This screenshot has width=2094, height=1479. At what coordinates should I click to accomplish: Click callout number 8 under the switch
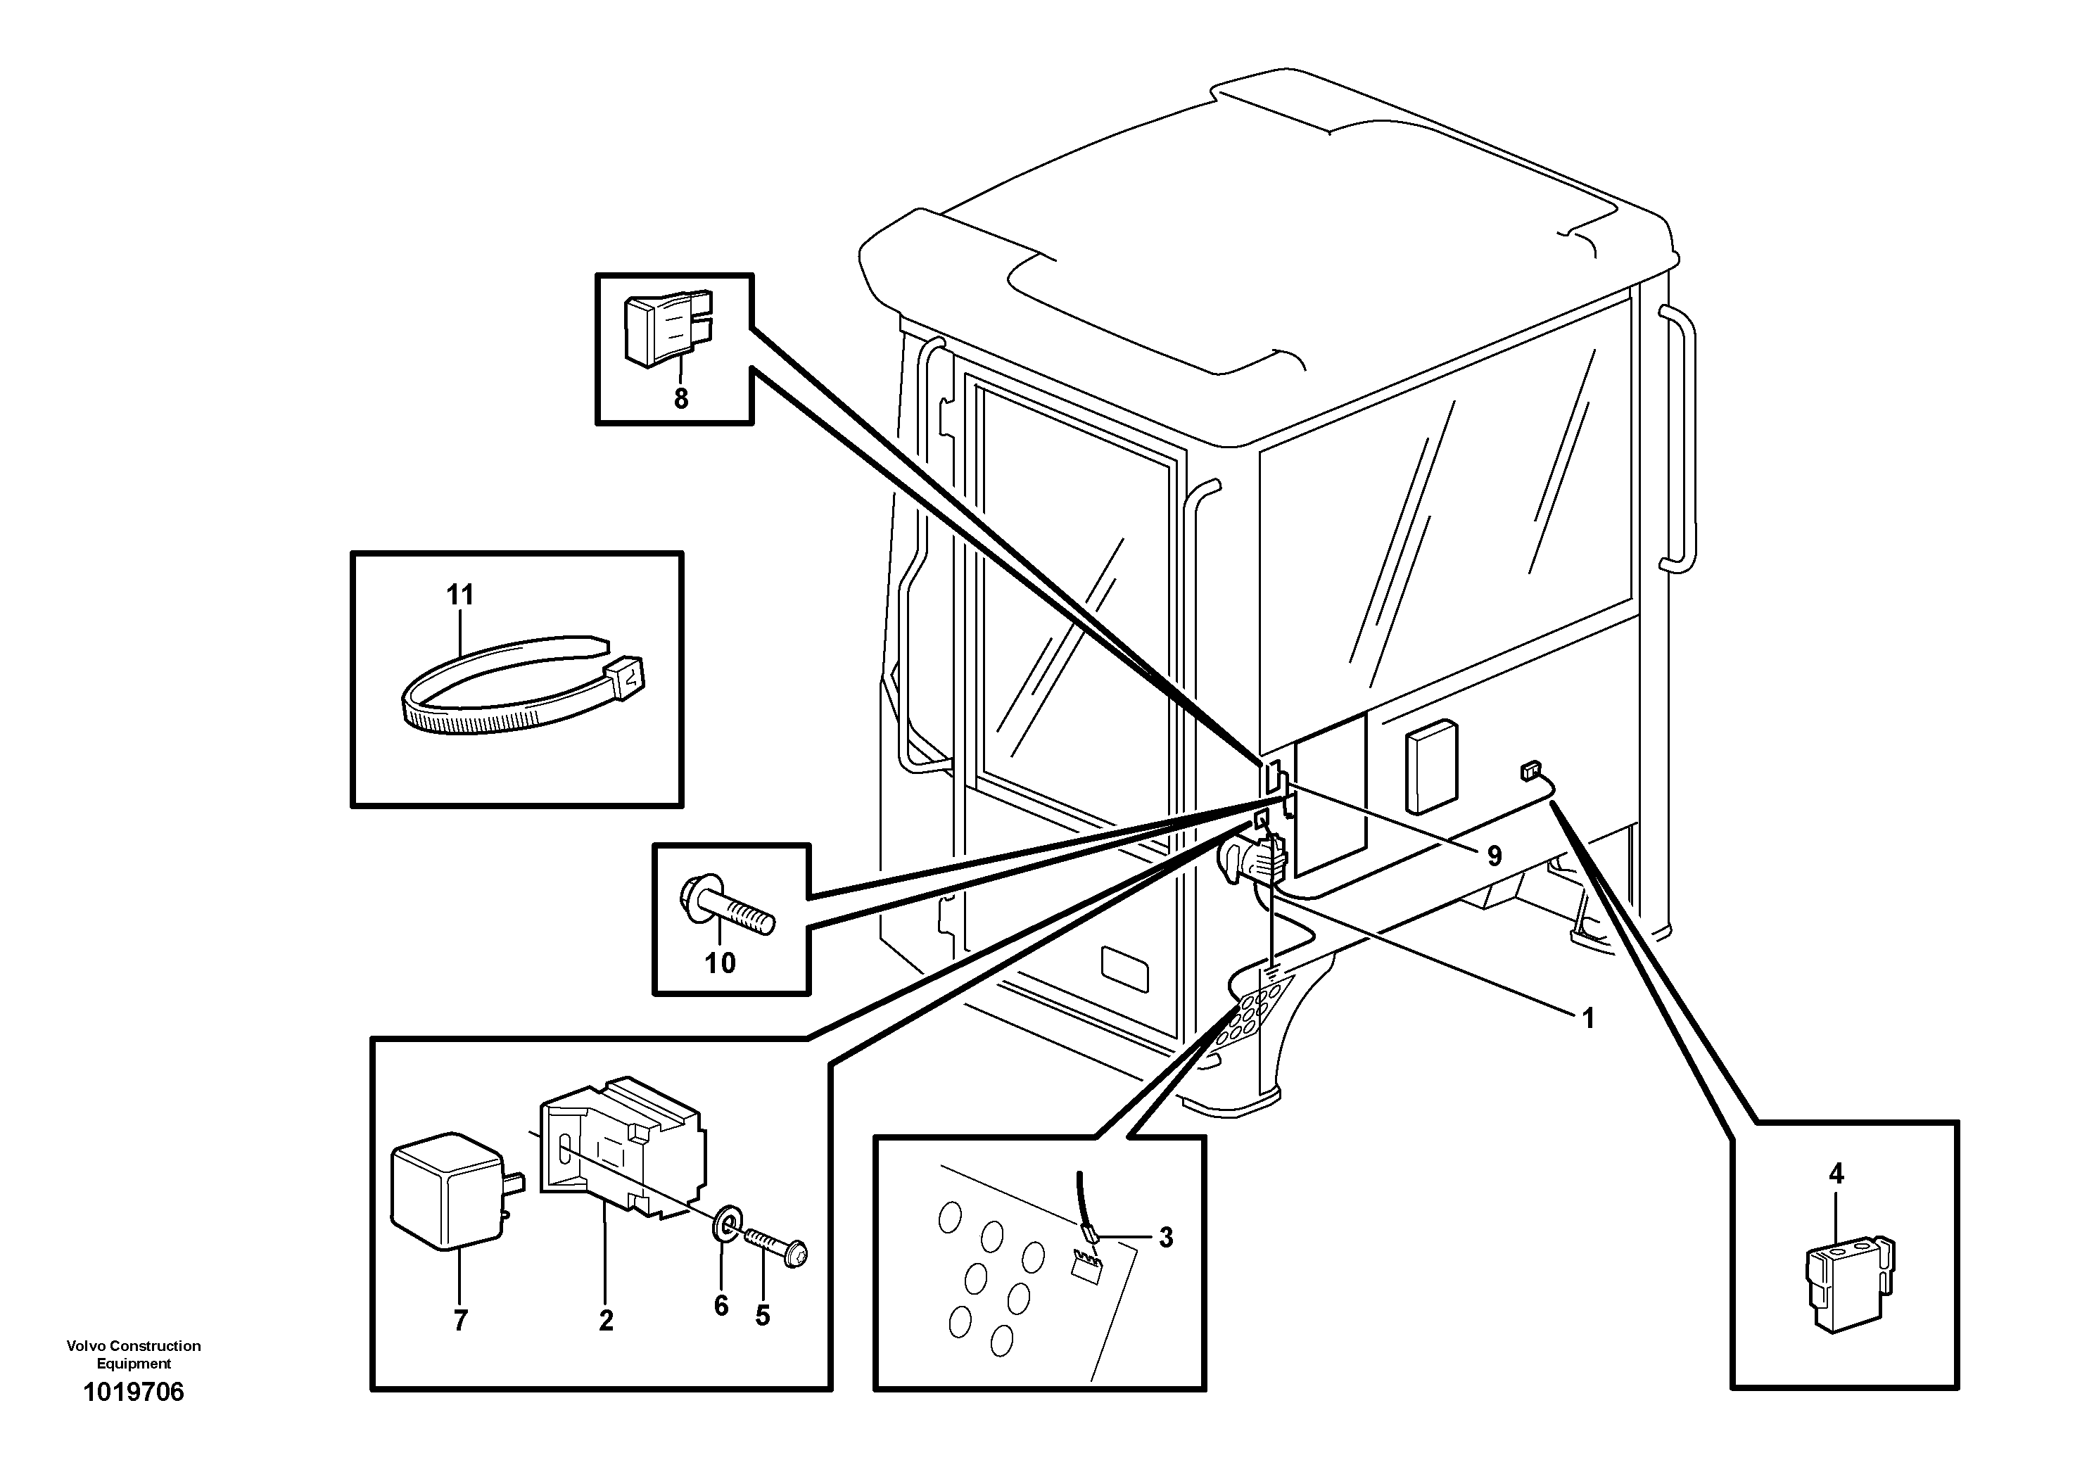(x=680, y=398)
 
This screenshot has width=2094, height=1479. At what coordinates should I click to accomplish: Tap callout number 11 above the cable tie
(x=459, y=595)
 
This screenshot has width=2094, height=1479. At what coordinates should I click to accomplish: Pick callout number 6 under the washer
(x=721, y=1306)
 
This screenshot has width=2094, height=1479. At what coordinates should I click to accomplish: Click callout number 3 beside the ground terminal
(x=1166, y=1238)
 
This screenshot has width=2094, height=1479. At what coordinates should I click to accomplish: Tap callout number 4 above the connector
(x=1836, y=1174)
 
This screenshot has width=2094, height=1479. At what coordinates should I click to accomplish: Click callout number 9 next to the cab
(x=1494, y=856)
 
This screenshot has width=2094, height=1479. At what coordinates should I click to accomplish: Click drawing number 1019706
(x=133, y=1392)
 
